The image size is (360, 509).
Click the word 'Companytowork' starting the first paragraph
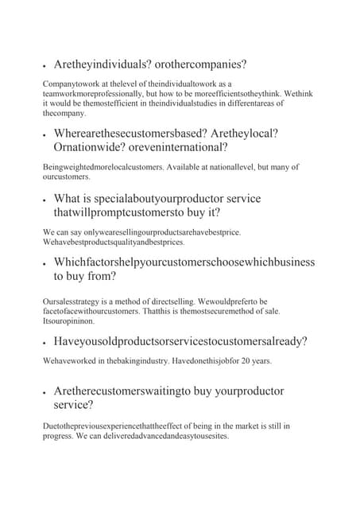click(69, 84)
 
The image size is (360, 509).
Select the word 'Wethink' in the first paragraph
click(295, 93)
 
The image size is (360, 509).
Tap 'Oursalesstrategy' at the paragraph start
click(72, 301)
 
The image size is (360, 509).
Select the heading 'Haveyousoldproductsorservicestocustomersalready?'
click(180, 342)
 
